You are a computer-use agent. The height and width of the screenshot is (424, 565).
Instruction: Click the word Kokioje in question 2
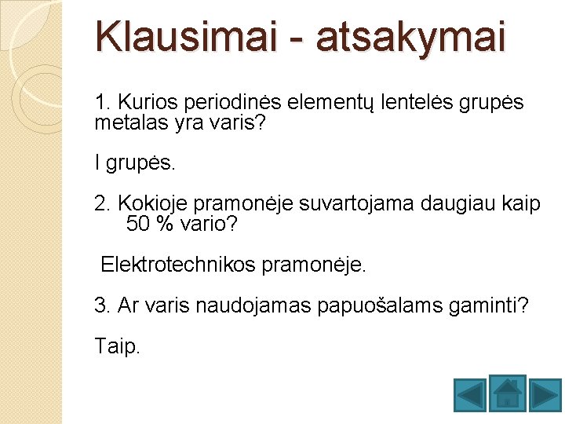click(x=152, y=204)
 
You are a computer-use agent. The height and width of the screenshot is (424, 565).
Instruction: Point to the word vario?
click(x=208, y=225)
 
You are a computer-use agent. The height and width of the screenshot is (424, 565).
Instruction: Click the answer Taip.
click(x=117, y=346)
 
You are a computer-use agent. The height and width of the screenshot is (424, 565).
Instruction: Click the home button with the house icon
click(x=507, y=393)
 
